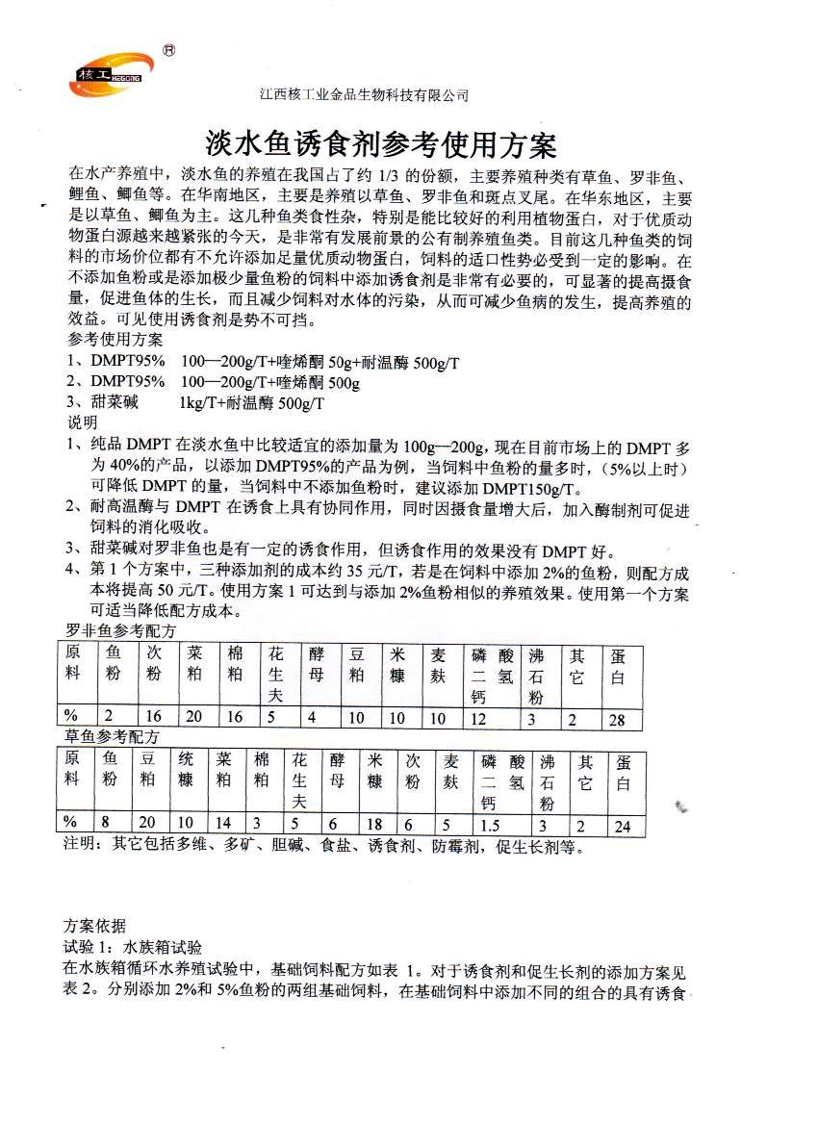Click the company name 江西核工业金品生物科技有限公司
click(364, 95)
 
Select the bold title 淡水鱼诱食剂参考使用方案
click(382, 145)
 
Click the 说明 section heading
click(83, 422)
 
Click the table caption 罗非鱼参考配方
click(121, 631)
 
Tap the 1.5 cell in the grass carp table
click(491, 825)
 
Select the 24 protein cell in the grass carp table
click(623, 825)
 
